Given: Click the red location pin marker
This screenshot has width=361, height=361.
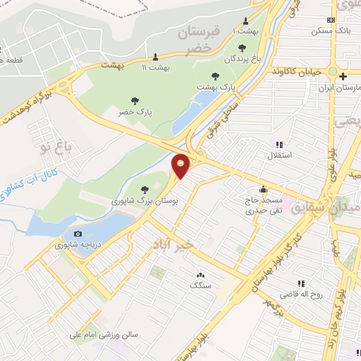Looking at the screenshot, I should pos(181,165).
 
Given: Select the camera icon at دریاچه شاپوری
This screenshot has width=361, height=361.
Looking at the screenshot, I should pos(78,234).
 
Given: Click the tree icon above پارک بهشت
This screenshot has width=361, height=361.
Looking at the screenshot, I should pos(215,75).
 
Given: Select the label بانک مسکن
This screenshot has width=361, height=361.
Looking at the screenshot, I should pos(334,32).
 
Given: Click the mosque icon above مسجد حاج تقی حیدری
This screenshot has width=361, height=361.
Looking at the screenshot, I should pos(263,189).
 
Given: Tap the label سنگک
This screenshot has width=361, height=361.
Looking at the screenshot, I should pos(200,284).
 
